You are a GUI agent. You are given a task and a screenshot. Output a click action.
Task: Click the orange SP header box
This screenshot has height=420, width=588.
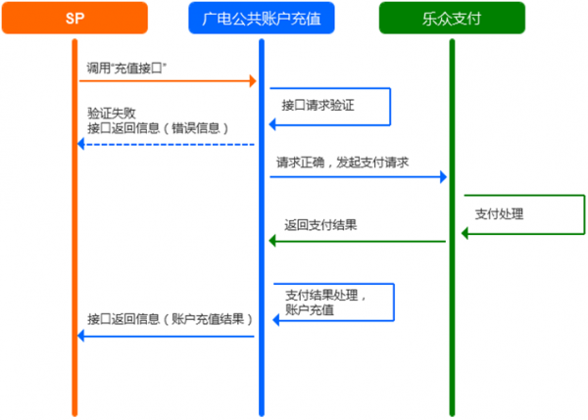coord(75,18)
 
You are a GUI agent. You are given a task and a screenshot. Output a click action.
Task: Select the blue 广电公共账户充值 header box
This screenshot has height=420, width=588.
coord(262,18)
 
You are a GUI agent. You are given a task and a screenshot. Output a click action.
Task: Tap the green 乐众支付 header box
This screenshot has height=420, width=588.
coord(452,18)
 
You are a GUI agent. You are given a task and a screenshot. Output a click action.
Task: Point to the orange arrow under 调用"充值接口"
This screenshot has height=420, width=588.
coord(167,80)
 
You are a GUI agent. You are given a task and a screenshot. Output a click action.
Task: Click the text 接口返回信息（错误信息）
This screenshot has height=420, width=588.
coord(156,127)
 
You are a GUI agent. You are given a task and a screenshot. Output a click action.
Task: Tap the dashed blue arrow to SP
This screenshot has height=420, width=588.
coord(167,144)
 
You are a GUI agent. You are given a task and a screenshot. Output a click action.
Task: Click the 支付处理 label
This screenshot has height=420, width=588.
coord(496,213)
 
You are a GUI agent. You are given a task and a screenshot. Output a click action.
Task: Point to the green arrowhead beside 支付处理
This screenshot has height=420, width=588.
coord(466,232)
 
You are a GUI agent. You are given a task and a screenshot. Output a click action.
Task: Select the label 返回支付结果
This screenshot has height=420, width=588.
coord(320,224)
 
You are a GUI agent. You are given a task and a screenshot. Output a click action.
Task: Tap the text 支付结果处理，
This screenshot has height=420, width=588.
coord(326,295)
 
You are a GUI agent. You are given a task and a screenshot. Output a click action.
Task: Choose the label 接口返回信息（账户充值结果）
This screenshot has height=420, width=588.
coord(169,319)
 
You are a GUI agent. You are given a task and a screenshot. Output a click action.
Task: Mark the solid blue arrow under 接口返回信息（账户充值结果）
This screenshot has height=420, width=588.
coord(167,336)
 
